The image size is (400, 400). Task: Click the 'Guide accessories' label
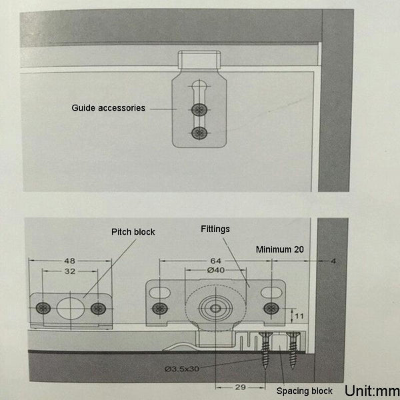[108, 107]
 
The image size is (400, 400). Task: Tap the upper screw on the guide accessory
[198, 109]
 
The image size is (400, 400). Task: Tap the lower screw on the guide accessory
[198, 133]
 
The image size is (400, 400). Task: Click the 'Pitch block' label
[133, 232]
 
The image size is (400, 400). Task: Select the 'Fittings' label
[215, 228]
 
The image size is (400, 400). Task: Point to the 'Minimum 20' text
[280, 249]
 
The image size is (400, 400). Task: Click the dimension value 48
[70, 261]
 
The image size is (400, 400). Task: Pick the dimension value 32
[70, 272]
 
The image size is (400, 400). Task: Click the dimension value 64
[215, 261]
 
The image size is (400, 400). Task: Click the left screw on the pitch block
[44, 308]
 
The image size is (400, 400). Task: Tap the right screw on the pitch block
[98, 308]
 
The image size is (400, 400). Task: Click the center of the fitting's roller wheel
[215, 309]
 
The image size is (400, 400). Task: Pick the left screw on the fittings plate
[160, 308]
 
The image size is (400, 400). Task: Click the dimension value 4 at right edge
[332, 261]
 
